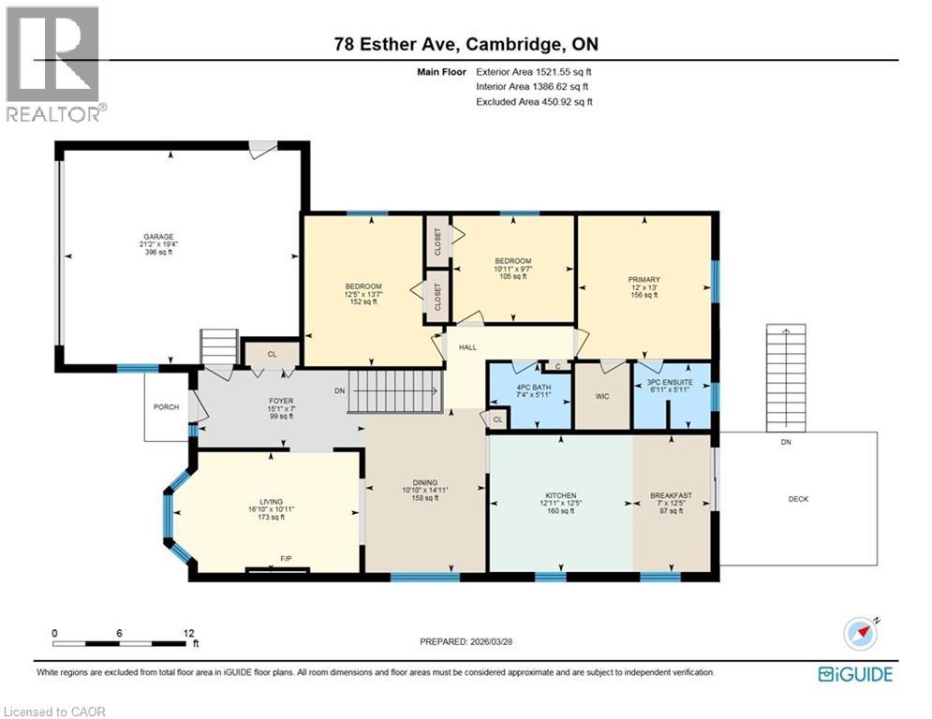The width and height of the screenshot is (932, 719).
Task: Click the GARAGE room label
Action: (158, 237)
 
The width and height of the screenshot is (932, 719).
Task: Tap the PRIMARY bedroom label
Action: (644, 279)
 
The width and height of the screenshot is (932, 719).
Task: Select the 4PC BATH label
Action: (529, 387)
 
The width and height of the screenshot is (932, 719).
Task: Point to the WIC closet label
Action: (602, 396)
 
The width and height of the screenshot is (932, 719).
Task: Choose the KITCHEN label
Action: (560, 495)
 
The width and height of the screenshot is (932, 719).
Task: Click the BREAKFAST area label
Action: (671, 495)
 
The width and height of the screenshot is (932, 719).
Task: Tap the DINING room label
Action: (425, 481)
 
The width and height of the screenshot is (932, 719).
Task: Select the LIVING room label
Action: (271, 502)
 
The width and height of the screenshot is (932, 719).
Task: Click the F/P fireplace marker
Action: (286, 559)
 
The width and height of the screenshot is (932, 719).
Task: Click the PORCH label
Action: (167, 406)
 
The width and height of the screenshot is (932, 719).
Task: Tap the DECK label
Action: (798, 499)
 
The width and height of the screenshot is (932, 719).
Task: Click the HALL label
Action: (468, 346)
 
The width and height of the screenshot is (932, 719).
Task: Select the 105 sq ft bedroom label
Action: (513, 261)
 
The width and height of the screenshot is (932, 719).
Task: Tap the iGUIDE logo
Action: (855, 673)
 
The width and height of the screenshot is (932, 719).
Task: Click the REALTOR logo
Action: (54, 63)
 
